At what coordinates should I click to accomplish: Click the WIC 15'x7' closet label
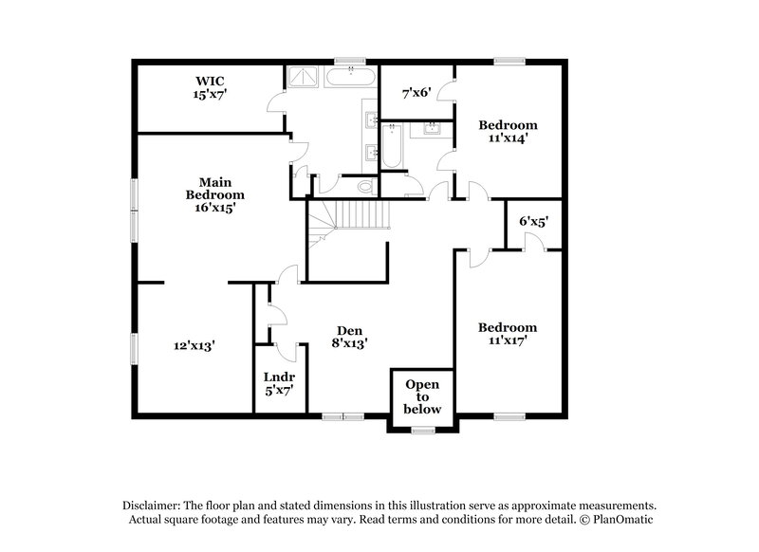210,87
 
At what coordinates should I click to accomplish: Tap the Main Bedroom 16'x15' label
210,193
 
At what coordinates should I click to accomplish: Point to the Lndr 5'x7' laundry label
278,382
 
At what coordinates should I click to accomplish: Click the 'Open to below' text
423,396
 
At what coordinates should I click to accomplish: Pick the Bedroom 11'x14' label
508,131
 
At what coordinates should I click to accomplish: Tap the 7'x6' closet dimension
417,93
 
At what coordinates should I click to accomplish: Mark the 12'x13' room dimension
194,346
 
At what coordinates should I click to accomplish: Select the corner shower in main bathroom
304,77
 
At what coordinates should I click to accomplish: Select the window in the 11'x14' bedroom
509,63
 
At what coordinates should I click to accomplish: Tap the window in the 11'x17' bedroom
509,415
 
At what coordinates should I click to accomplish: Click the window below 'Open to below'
423,432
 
